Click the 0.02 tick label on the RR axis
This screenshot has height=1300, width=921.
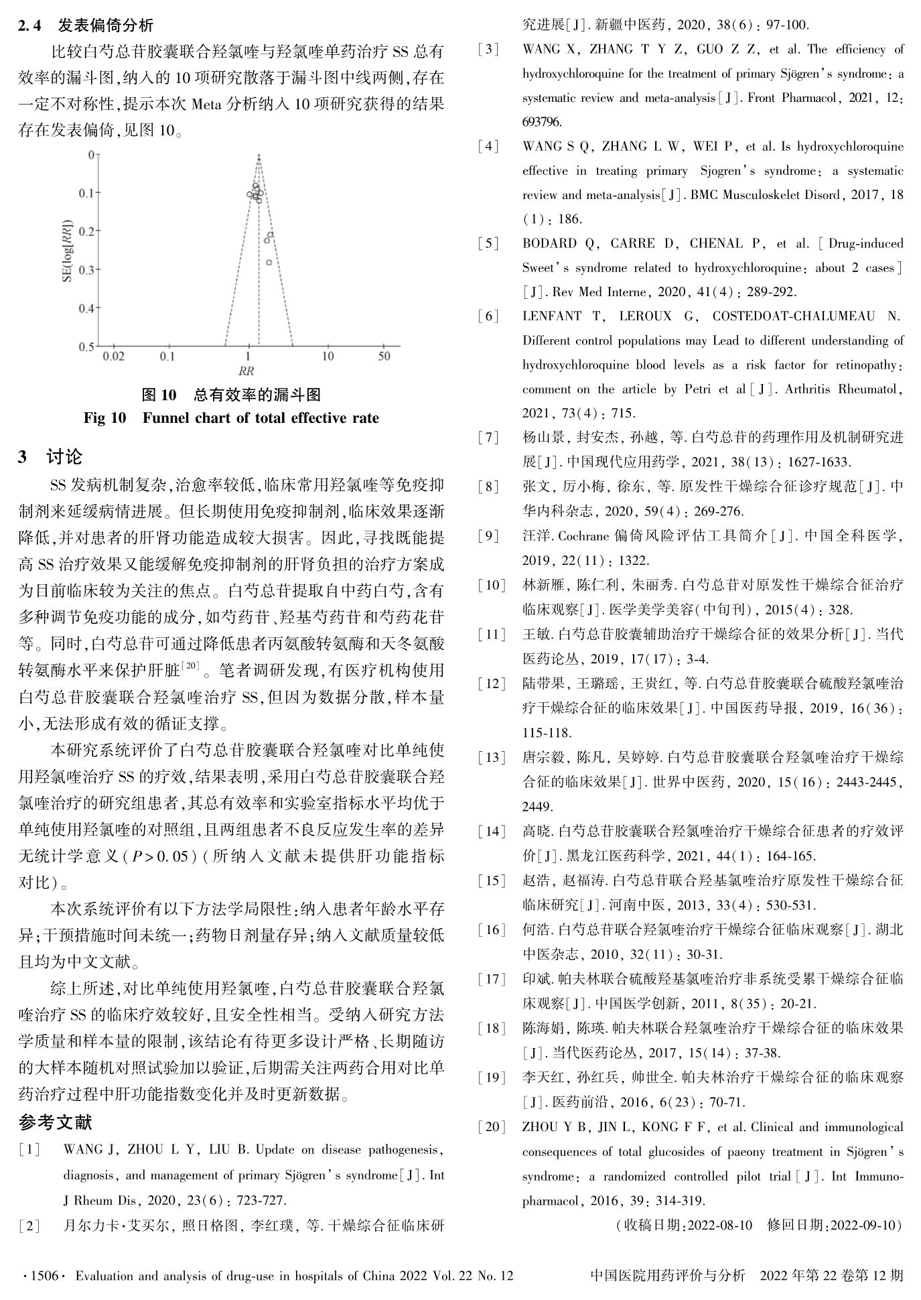tap(114, 356)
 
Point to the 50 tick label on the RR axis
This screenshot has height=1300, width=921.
tap(384, 356)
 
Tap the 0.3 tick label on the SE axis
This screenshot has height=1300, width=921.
tap(86, 269)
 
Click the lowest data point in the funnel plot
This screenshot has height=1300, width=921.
tap(269, 263)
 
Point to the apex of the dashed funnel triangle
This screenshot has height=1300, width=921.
tap(259, 155)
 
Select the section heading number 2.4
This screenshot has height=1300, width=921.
tap(29, 25)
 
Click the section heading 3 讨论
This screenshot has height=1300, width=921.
tap(51, 457)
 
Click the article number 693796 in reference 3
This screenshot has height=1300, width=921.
tap(543, 122)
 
